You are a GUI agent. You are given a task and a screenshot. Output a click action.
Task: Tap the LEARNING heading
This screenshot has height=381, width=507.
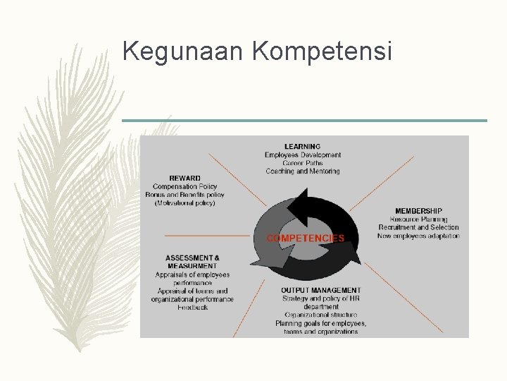tap(302, 147)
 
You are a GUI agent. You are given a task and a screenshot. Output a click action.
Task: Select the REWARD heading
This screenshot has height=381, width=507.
tap(184, 178)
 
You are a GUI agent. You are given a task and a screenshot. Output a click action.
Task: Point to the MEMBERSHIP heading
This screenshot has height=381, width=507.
tap(418, 211)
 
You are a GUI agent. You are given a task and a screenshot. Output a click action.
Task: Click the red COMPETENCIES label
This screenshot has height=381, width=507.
tap(306, 238)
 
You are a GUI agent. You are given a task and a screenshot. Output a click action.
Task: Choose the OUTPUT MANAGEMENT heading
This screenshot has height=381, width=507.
tap(320, 290)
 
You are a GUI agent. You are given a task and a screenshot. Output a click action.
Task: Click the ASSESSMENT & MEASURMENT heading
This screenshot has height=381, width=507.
tap(192, 262)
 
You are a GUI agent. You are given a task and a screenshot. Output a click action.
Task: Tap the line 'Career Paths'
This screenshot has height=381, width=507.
tap(303, 163)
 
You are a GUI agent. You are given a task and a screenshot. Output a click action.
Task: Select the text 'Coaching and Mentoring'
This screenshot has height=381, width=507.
tap(303, 171)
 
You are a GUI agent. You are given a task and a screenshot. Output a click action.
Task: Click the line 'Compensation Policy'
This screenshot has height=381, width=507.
tap(185, 186)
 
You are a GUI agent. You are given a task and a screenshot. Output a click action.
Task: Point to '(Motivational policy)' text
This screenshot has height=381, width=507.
tap(185, 203)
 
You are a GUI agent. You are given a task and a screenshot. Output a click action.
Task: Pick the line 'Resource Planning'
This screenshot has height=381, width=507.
tap(418, 219)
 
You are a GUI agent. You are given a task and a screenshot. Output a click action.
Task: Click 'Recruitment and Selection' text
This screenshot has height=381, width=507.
tap(418, 228)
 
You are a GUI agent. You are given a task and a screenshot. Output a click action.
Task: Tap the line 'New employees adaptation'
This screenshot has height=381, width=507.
tap(418, 236)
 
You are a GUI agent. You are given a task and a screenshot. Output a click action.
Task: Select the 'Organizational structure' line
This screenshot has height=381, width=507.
tap(320, 315)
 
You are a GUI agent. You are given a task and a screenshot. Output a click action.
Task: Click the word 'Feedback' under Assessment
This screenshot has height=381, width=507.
tap(192, 308)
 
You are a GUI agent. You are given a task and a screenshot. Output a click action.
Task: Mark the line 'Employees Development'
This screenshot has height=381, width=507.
tap(303, 155)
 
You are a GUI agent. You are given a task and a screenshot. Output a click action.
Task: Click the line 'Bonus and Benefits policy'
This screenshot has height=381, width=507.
tap(185, 195)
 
